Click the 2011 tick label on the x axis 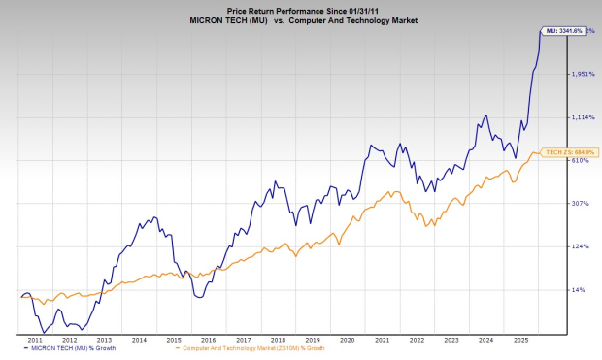(34, 340)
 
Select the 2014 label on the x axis (139, 340)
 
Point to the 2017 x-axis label (242, 340)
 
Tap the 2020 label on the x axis (346, 340)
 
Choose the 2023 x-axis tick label (450, 340)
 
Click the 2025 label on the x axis (518, 340)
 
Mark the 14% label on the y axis (578, 289)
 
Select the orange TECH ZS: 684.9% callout (569, 152)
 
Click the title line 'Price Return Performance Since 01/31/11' (300, 7)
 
